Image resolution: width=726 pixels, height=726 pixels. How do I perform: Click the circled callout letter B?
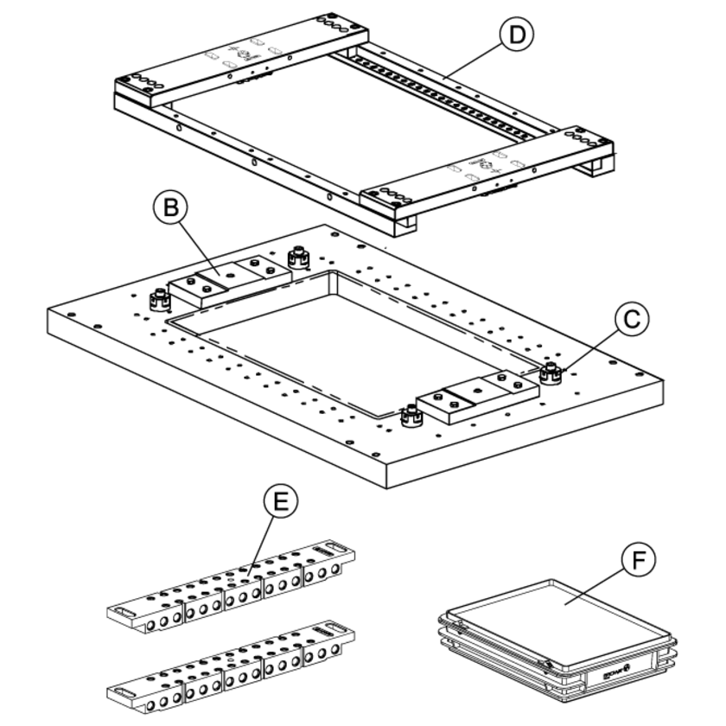pyautogui.click(x=172, y=208)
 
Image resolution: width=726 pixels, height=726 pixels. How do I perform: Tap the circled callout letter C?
pyautogui.click(x=632, y=318)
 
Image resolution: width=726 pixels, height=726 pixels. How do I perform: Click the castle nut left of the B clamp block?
pyautogui.click(x=160, y=299)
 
